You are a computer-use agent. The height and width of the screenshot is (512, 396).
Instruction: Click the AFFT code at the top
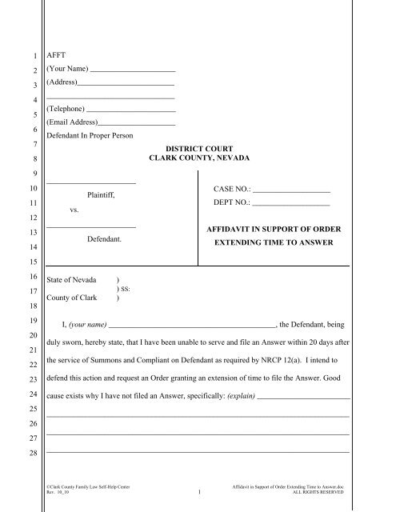tap(56, 56)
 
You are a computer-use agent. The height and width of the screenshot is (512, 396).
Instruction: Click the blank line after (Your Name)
tap(133, 70)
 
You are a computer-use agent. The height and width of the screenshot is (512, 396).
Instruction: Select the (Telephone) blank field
tap(130, 108)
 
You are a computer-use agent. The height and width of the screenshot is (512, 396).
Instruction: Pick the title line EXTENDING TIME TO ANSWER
tap(274, 241)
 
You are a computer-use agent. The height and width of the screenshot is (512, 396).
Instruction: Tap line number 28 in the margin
tap(31, 454)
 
